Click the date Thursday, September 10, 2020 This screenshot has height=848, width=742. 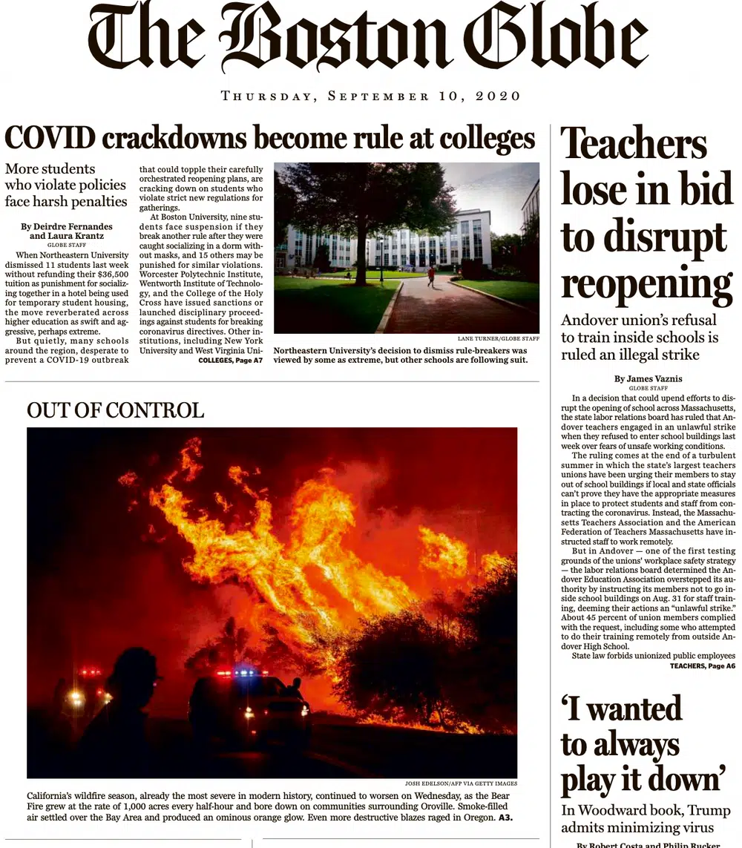tap(371, 96)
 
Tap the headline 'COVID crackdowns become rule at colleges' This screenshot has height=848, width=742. tap(269, 138)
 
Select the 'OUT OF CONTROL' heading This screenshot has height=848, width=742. tap(115, 410)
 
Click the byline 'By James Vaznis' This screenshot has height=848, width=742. tap(648, 379)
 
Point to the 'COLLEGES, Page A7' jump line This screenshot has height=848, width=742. tap(231, 360)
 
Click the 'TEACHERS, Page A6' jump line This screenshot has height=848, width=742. tap(703, 666)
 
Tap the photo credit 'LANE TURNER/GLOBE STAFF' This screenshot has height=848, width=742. tap(498, 338)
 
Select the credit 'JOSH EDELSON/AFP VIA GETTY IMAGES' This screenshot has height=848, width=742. tap(461, 783)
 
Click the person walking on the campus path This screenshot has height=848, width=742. tap(430, 276)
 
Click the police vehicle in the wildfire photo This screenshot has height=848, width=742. tap(249, 705)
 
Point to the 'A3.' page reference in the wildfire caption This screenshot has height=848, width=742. tap(505, 818)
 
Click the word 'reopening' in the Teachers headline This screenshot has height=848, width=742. tap(646, 284)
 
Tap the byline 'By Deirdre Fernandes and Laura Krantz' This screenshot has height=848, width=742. tap(67, 231)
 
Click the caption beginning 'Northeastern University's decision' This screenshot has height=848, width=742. tap(401, 355)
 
